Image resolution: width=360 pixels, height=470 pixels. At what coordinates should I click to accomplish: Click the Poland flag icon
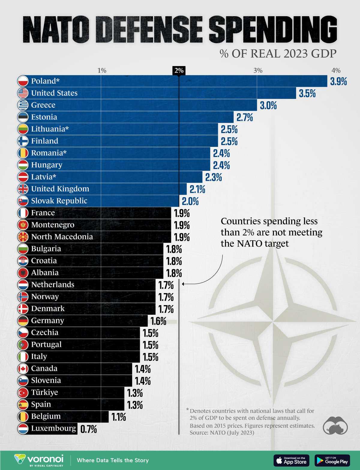pos(23,81)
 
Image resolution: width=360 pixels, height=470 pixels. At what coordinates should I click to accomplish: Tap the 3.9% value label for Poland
pos(338,81)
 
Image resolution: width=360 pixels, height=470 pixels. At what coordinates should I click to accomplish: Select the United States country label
pos(54,93)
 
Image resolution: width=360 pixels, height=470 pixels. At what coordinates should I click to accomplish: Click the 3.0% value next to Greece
pos(268,105)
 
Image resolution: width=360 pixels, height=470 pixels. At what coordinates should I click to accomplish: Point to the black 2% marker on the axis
pos(179,71)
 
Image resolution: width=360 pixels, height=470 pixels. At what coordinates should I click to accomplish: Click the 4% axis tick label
pos(336,71)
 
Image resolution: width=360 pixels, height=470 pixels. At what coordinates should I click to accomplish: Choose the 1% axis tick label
pos(102,71)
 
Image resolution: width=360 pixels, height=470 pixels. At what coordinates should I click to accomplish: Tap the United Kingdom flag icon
pos(23,189)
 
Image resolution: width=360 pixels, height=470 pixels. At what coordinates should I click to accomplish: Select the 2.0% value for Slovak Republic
pos(190,201)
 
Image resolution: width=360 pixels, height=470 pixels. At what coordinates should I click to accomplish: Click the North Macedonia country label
pos(62,237)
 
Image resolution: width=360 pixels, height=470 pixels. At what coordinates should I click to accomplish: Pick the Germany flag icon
pos(23,320)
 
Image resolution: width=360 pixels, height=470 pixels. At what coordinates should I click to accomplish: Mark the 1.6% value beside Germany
pos(158,321)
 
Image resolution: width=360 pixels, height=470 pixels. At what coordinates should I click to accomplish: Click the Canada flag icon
pos(23,368)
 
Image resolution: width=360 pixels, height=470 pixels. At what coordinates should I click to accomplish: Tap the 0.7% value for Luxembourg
pos(88,429)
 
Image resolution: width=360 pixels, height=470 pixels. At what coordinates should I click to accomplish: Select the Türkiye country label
pos(45,392)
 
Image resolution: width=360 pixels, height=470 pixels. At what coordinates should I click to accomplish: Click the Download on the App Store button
pos(291,460)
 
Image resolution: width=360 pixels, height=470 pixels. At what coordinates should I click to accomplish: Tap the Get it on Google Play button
pos(332,460)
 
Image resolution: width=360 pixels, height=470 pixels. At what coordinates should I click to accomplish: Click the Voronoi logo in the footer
pos(39,460)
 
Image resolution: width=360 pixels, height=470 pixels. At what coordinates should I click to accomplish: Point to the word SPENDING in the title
pos(273,29)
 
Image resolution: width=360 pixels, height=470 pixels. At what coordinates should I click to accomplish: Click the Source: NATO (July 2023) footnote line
pos(222,433)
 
